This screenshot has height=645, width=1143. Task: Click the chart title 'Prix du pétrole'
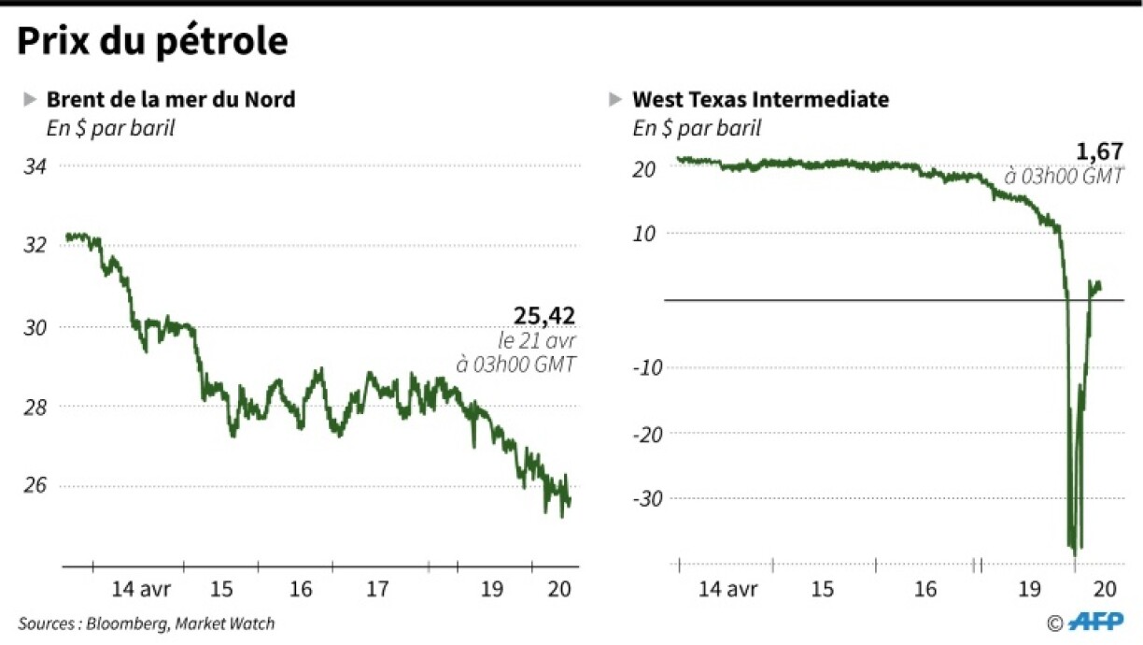151,42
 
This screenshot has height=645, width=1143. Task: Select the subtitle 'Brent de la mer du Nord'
170,99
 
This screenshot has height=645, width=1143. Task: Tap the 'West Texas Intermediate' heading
760,99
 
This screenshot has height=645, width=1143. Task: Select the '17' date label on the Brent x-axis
376,589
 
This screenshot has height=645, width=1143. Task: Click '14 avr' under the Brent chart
140,589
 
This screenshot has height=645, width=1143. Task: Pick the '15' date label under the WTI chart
822,589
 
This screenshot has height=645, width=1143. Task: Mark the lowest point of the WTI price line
1075,555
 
